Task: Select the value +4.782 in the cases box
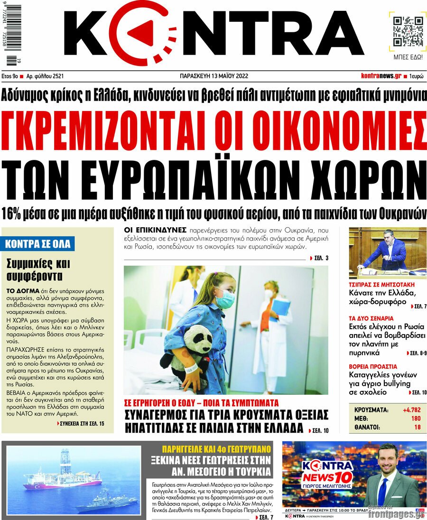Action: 411,409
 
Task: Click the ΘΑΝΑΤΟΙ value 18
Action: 417,427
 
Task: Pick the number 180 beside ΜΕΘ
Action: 415,418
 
